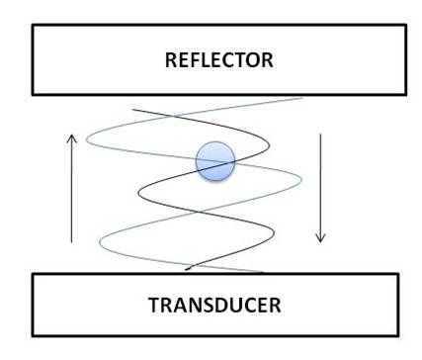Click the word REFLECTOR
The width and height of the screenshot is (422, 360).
coord(217,60)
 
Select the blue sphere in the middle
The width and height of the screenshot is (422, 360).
coord(214,161)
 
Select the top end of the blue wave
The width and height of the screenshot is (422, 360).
coord(301,98)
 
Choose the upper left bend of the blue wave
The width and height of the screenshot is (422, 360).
coord(87,138)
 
